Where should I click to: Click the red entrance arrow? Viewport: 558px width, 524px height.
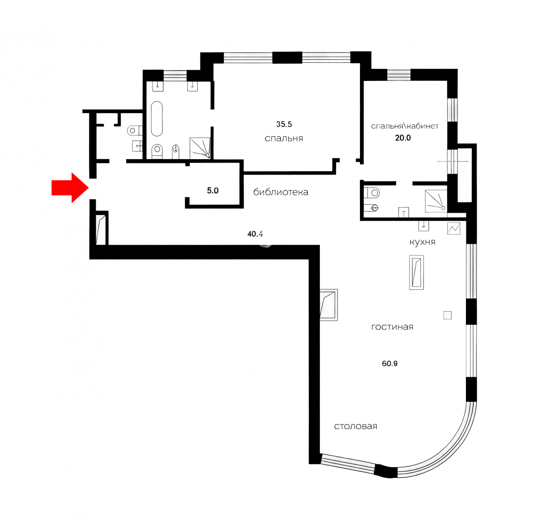point(70,188)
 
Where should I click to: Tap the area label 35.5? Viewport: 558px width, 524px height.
point(284,124)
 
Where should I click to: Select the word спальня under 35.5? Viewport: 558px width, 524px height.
point(284,138)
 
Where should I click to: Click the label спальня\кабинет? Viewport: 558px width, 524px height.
point(405,126)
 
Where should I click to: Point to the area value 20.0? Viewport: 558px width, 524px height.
point(403,138)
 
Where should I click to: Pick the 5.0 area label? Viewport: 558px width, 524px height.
point(213,191)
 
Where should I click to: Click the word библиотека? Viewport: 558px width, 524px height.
point(281,192)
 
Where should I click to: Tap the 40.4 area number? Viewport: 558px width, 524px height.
point(255,234)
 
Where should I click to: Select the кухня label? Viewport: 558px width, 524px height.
point(422,242)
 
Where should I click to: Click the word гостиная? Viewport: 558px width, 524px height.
point(392,327)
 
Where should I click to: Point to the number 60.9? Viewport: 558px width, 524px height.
point(390,363)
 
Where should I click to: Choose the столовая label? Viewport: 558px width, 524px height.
point(355,426)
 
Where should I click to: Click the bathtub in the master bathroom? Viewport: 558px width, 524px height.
point(157,119)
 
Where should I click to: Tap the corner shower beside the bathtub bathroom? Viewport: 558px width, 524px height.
point(200,148)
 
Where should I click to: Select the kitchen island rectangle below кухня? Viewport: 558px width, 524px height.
point(416,272)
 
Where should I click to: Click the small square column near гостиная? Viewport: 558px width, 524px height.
point(448,316)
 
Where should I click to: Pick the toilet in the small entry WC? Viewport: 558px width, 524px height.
point(134,130)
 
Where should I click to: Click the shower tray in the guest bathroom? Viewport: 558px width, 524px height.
point(436,201)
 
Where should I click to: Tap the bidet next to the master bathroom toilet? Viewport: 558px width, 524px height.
point(176,152)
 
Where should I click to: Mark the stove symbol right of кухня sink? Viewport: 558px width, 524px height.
point(454,228)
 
